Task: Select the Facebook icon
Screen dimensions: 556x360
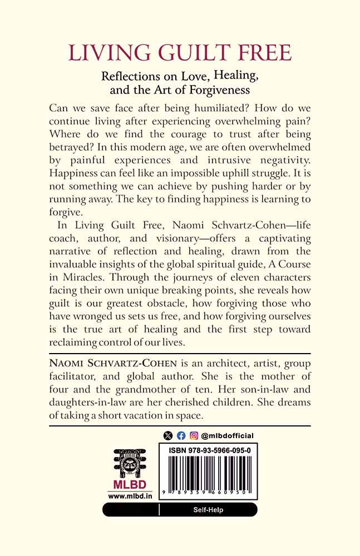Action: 181,436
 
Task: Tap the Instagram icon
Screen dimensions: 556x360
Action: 194,436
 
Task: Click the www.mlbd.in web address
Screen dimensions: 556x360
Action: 124,495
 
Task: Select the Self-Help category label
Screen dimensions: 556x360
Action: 208,509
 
